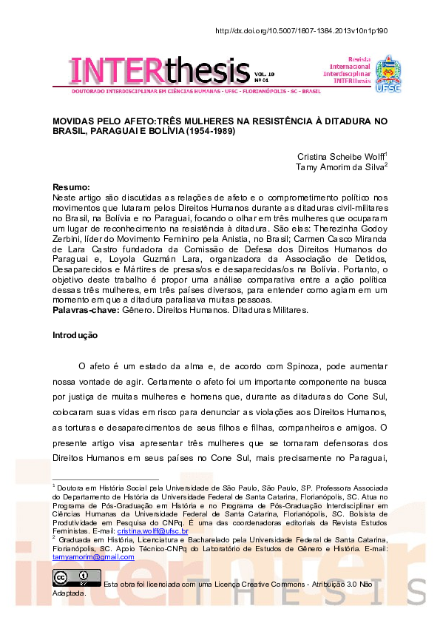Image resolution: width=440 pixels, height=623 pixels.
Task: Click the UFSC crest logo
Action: click(x=388, y=72)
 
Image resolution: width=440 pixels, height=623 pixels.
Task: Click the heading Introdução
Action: click(x=75, y=335)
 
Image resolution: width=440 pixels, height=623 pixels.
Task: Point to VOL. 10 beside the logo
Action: click(x=264, y=74)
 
